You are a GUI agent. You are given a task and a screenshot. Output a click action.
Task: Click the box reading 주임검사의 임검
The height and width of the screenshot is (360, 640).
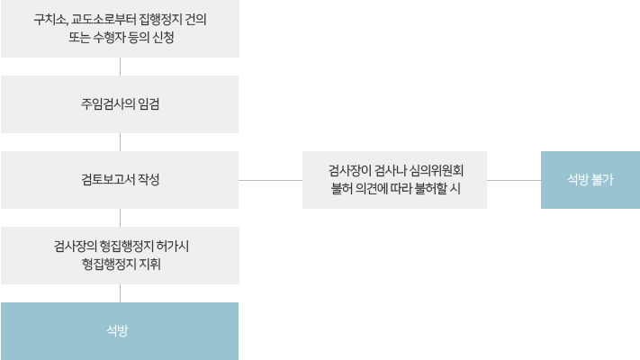120,104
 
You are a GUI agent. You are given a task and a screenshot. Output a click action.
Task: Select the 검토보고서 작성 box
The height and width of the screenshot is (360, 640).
120,180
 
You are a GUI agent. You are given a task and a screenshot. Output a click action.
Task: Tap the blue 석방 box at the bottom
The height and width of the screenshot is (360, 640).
120,331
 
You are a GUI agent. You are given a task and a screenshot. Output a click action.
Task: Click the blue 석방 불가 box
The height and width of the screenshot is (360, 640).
590,180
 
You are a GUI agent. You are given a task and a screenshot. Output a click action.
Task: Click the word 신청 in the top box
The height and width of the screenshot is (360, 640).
163,38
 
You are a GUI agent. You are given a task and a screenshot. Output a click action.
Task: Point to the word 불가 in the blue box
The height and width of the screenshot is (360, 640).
602,180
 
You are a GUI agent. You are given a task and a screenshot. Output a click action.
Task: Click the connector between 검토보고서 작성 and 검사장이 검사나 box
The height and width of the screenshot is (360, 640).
270,180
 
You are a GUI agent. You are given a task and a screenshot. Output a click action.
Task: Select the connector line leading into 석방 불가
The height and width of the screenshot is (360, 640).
513,180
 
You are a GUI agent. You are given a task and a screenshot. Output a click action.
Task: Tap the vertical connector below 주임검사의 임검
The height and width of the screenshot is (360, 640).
120,142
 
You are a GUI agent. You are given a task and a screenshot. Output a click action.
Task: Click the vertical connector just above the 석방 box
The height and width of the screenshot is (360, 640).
120,293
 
